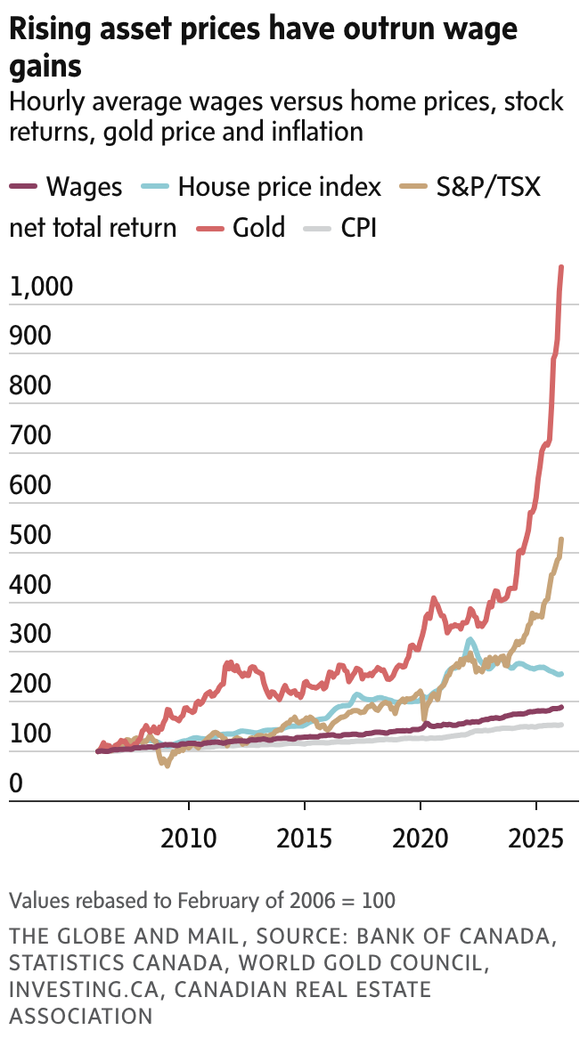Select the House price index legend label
279,187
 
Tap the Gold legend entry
259,227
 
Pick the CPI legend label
358,227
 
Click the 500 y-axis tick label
31,536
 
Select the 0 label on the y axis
16,784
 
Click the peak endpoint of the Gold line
561,267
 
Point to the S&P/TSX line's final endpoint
561,539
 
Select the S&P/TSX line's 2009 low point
166,765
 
